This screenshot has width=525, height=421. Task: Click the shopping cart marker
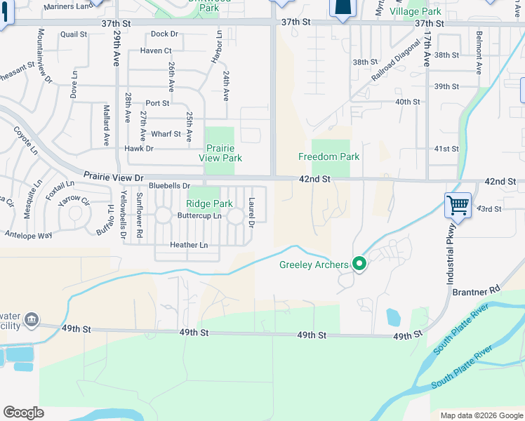458,206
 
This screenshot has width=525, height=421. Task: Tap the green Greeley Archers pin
360,265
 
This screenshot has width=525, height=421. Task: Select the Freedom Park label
328,156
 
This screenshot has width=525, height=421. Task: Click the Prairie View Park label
220,153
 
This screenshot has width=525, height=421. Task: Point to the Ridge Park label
209,203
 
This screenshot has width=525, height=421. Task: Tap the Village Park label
416,12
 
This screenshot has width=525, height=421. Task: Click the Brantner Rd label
475,290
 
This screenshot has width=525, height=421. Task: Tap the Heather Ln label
189,245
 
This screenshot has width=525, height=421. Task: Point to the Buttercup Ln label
199,215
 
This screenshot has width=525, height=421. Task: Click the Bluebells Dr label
170,186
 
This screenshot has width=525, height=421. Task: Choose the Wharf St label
166,134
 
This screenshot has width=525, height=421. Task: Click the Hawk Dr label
139,149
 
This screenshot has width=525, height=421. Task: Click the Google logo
24,413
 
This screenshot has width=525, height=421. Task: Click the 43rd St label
489,209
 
